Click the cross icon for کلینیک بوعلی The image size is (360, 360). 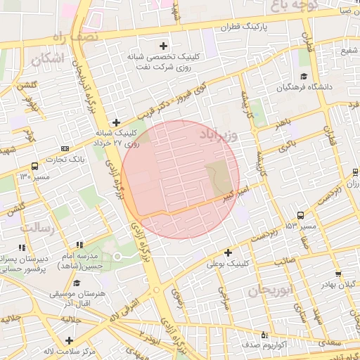(x=228, y=252)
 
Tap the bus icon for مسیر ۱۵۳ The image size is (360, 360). (x=301, y=216)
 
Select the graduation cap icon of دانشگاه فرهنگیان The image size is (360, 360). (x=304, y=77)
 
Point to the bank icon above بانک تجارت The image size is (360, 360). (x=65, y=148)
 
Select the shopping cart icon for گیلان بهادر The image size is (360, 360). (x=338, y=274)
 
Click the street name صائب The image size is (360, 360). (x=284, y=261)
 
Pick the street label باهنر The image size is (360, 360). (x=283, y=124)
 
